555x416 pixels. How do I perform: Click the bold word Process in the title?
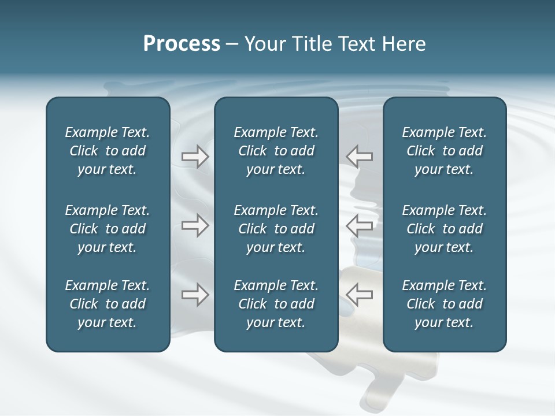(x=182, y=44)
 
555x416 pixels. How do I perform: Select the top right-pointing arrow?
(x=195, y=157)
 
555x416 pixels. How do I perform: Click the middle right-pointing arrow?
(x=195, y=225)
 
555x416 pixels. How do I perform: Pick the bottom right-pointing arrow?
(x=195, y=295)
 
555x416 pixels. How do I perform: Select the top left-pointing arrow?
(x=360, y=157)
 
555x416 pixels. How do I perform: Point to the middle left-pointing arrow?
(x=360, y=225)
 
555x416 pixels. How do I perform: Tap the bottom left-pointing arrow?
(x=360, y=295)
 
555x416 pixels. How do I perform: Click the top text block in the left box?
(x=108, y=151)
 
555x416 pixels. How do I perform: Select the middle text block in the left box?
(x=108, y=229)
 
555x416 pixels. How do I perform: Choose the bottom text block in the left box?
(x=108, y=304)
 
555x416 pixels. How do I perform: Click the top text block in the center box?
(x=276, y=151)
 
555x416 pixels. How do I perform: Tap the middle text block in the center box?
(x=276, y=229)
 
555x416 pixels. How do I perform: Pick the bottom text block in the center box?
(x=276, y=304)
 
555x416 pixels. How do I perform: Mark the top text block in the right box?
(x=444, y=151)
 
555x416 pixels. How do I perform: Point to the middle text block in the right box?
(x=444, y=229)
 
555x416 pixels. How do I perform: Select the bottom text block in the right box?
(x=444, y=304)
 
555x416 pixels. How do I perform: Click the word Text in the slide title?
(x=357, y=44)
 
